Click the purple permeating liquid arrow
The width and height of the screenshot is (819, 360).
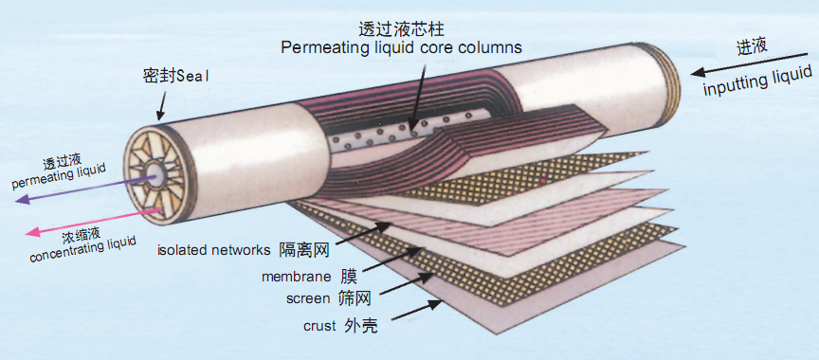click(86, 189)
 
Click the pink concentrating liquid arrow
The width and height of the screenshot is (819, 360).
click(94, 222)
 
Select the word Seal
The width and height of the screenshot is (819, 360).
click(192, 76)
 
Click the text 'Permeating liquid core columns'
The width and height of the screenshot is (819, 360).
click(401, 47)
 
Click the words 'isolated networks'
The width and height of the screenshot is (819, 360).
click(214, 250)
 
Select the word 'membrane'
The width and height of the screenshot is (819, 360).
click(296, 276)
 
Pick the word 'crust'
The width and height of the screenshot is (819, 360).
click(319, 326)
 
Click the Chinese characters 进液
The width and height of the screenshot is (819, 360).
click(752, 45)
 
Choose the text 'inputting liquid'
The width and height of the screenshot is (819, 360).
click(758, 81)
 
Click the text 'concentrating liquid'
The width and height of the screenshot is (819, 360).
click(83, 250)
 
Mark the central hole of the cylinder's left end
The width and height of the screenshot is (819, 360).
click(155, 171)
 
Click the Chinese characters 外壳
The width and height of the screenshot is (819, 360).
click(360, 326)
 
